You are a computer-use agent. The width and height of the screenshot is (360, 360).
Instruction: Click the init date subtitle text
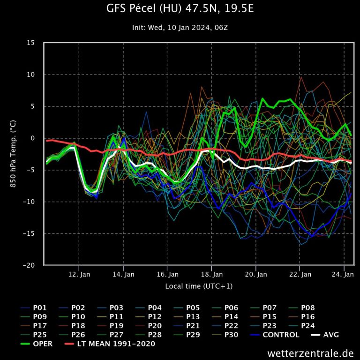(x=180, y=28)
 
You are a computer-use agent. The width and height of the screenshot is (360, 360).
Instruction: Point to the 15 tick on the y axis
(x=31, y=43)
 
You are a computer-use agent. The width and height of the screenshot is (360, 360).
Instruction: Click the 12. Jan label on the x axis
(x=79, y=274)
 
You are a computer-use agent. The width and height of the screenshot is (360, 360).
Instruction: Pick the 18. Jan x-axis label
(x=212, y=274)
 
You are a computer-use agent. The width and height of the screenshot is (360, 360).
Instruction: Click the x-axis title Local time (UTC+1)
(x=199, y=286)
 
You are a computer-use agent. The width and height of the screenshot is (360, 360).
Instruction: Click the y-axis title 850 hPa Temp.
(x=13, y=154)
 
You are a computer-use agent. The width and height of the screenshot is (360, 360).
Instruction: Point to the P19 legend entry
(x=116, y=326)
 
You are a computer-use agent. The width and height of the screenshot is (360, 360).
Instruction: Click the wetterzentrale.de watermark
(x=311, y=352)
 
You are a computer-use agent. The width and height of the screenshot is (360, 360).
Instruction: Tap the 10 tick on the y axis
(x=31, y=75)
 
